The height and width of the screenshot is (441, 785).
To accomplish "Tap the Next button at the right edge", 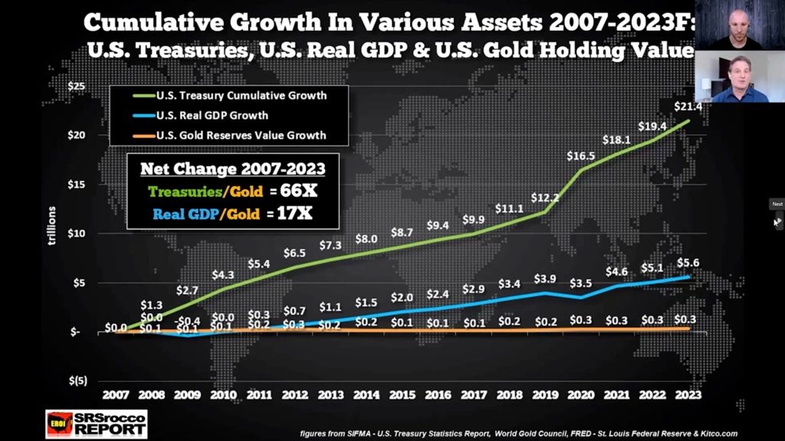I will [x=777, y=204].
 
